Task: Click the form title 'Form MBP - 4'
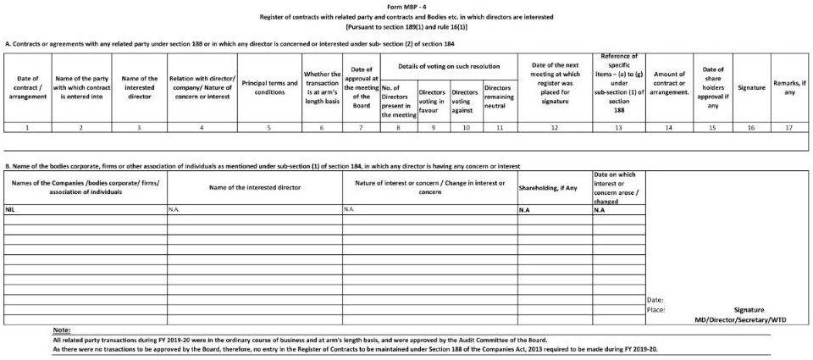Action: (x=405, y=6)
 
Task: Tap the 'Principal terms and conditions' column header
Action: (x=269, y=86)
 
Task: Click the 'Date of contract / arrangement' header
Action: (x=27, y=86)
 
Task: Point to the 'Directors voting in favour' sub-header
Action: (x=432, y=101)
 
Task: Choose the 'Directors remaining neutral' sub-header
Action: (x=499, y=101)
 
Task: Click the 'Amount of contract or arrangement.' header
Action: (x=669, y=86)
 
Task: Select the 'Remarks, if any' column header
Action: (x=789, y=86)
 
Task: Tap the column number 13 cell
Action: (x=618, y=126)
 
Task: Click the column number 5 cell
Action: (x=269, y=126)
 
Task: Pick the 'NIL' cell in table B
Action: (x=11, y=208)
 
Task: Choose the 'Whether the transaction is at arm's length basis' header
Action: (x=321, y=86)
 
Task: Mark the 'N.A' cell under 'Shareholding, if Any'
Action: (x=524, y=208)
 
